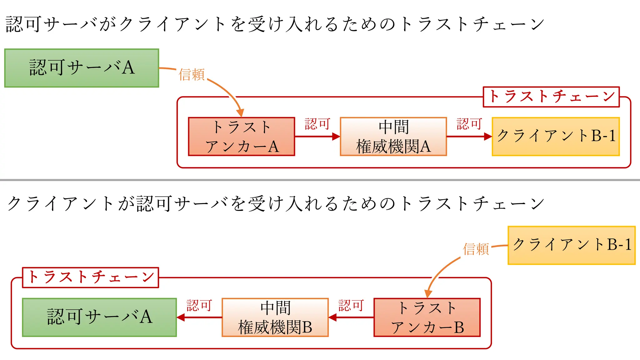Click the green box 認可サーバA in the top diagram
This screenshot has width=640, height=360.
pyautogui.click(x=82, y=68)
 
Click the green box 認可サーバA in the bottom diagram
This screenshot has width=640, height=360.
pyautogui.click(x=99, y=317)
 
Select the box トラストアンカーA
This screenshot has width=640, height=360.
pyautogui.click(x=241, y=137)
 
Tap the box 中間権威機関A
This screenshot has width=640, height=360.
pyautogui.click(x=393, y=137)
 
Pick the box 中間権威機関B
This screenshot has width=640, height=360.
pyautogui.click(x=275, y=317)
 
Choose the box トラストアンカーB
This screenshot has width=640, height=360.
pyautogui.click(x=427, y=317)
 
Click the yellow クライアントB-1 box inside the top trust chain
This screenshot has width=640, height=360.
pyautogui.click(x=556, y=137)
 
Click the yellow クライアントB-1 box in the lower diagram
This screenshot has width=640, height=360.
pyautogui.click(x=572, y=245)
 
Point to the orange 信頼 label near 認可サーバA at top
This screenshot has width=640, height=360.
pyautogui.click(x=192, y=75)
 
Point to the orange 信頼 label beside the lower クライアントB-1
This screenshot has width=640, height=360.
pyautogui.click(x=476, y=249)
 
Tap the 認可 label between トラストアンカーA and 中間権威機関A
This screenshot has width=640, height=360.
pyautogui.click(x=317, y=124)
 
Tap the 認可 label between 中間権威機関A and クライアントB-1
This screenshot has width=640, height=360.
pyautogui.click(x=469, y=124)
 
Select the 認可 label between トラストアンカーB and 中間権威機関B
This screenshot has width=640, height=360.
pyautogui.click(x=351, y=305)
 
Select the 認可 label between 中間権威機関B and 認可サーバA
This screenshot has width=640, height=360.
pyautogui.click(x=199, y=305)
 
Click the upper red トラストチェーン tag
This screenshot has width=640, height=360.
pyautogui.click(x=551, y=97)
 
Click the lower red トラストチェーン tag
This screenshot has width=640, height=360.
pyautogui.click(x=91, y=277)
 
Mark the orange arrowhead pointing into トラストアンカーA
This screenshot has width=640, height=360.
pyautogui.click(x=240, y=113)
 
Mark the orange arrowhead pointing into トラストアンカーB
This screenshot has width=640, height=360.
pyautogui.click(x=428, y=294)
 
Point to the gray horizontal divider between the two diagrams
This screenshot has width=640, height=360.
pyautogui.click(x=320, y=180)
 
